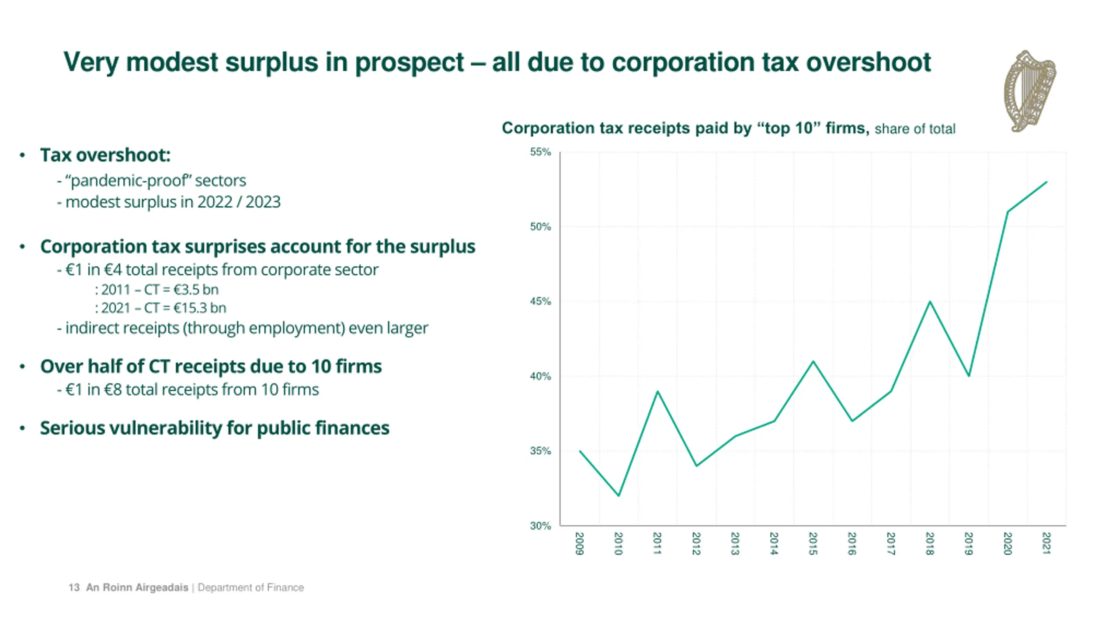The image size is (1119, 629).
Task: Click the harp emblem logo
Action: click(1031, 91)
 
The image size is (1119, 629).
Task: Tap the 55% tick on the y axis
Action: click(540, 152)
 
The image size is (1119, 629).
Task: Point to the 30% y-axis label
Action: click(540, 526)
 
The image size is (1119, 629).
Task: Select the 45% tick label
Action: click(540, 301)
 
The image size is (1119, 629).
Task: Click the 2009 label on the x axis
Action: click(579, 543)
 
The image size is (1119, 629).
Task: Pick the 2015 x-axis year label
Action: click(813, 543)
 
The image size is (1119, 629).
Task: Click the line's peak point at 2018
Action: click(930, 301)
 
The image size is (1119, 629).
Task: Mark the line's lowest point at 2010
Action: click(619, 496)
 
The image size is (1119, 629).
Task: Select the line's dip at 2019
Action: click(969, 376)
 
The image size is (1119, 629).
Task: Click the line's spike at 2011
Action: click(657, 391)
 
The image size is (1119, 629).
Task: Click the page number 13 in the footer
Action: click(74, 588)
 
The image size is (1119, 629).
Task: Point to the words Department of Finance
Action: click(250, 588)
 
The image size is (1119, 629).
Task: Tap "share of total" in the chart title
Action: click(915, 129)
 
